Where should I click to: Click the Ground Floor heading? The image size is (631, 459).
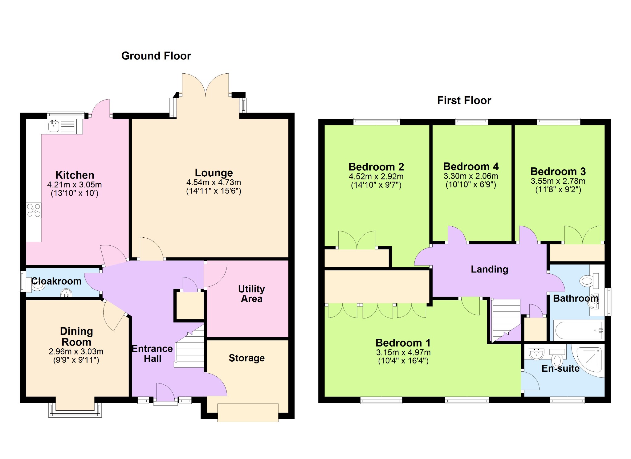[156, 56]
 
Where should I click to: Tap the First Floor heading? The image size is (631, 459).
[464, 100]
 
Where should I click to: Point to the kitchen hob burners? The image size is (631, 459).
[34, 210]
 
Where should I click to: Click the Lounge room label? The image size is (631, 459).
[214, 173]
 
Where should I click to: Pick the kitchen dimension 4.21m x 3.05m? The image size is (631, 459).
[75, 185]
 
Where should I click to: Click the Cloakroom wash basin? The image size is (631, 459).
[66, 293]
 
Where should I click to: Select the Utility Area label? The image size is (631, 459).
[251, 294]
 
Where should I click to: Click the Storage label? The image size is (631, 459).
[246, 358]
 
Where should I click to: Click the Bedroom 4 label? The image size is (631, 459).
[471, 166]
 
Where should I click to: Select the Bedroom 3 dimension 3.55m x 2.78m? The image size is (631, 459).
[558, 181]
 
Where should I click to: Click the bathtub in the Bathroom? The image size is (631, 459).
[579, 330]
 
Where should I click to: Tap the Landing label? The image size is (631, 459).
[489, 269]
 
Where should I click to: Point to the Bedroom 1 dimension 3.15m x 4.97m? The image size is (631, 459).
[403, 352]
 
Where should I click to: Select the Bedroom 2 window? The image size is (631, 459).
[377, 121]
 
